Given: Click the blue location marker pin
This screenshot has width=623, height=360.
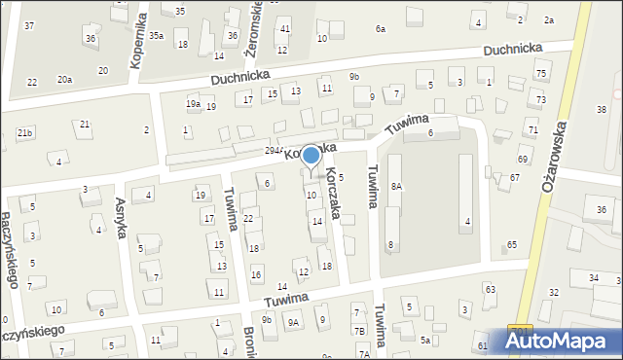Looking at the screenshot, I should tap(311, 157).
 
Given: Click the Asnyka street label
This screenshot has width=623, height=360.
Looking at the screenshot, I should tap(123, 204).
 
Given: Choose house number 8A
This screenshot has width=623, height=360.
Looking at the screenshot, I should tap(396, 186).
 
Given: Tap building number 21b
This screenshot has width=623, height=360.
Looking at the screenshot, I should tap(24, 132).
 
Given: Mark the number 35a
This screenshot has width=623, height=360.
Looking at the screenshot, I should tap(156, 35).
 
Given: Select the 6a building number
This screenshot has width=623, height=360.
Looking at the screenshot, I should tap(381, 29).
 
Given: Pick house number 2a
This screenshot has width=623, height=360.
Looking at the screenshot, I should tap(548, 20).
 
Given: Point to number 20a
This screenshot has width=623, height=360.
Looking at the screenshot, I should tap(64, 79).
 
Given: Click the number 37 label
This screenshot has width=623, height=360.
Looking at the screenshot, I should tap(29, 25).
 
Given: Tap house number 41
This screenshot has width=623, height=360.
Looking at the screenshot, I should tap(284, 30).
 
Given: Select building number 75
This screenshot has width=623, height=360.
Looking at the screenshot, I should tap(541, 74).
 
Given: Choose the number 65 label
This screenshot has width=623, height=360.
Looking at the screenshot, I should tap(512, 244).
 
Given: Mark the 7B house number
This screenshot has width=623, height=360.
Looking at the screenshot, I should tap(359, 332).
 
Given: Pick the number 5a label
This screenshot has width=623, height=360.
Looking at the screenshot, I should tap(425, 340).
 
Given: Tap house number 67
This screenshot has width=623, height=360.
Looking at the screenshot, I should tap(514, 178).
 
